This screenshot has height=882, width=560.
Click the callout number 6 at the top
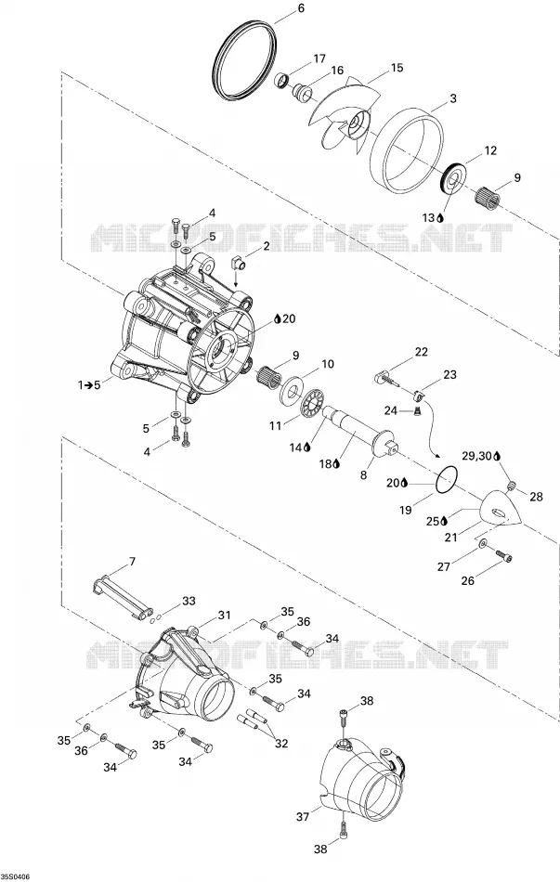pyautogui.click(x=301, y=7)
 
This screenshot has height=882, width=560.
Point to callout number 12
pyautogui.click(x=490, y=150)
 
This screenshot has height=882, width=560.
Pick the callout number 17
pyautogui.click(x=319, y=59)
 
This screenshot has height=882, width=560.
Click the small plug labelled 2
pyautogui.click(x=238, y=262)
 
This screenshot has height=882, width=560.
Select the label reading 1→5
pyautogui.click(x=89, y=384)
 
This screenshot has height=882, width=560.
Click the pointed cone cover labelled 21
pyautogui.click(x=500, y=509)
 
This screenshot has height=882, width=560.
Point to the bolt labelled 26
pyautogui.click(x=504, y=555)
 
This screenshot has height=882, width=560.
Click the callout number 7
pyautogui.click(x=132, y=562)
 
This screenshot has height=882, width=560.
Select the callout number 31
pyautogui.click(x=225, y=616)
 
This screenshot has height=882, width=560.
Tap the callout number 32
pyautogui.click(x=281, y=744)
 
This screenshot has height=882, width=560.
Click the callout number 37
pyautogui.click(x=303, y=816)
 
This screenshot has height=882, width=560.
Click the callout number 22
pyautogui.click(x=421, y=352)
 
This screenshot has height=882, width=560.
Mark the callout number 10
pyautogui.click(x=327, y=365)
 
